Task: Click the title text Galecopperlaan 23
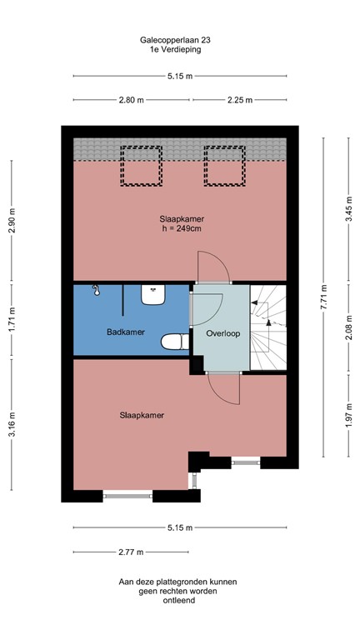pyautogui.click(x=179, y=39)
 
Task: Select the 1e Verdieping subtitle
pyautogui.click(x=179, y=49)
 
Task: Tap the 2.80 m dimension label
pyautogui.click(x=131, y=99)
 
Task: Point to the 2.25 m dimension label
pyautogui.click(x=241, y=99)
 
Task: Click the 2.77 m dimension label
pyautogui.click(x=130, y=552)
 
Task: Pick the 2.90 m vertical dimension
pyautogui.click(x=12, y=220)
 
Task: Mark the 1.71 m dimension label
pyautogui.click(x=12, y=321)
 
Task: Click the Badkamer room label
pyautogui.click(x=126, y=332)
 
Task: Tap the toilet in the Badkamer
pyautogui.click(x=173, y=342)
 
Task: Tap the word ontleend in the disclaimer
pyautogui.click(x=179, y=600)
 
